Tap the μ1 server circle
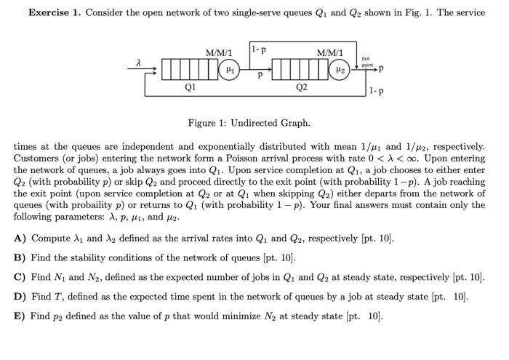point(230,70)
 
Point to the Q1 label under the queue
point(190,88)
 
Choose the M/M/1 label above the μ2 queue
point(330,53)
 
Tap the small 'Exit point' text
point(366,63)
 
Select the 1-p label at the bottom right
point(376,92)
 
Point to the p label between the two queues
point(260,74)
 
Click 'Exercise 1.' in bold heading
point(55,13)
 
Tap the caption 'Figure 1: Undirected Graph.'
point(249,123)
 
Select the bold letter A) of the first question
point(20,239)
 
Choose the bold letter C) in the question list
point(20,277)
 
